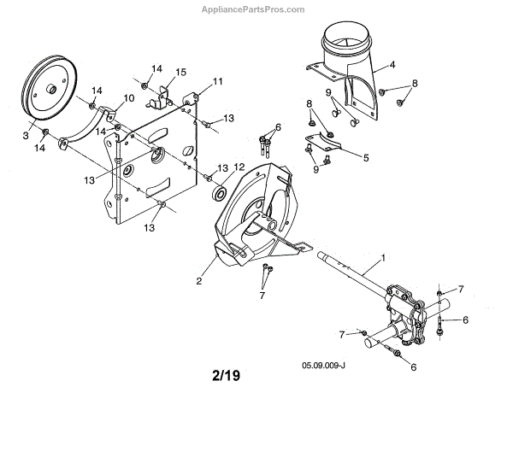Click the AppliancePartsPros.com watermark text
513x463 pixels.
pos(251,10)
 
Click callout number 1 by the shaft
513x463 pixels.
pos(383,256)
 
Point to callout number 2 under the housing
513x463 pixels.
pos(198,279)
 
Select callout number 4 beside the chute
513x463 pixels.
pos(392,64)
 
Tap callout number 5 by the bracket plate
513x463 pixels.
pos(367,157)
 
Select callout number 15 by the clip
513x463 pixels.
pos(180,71)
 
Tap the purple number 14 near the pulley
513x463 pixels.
pos(97,91)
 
